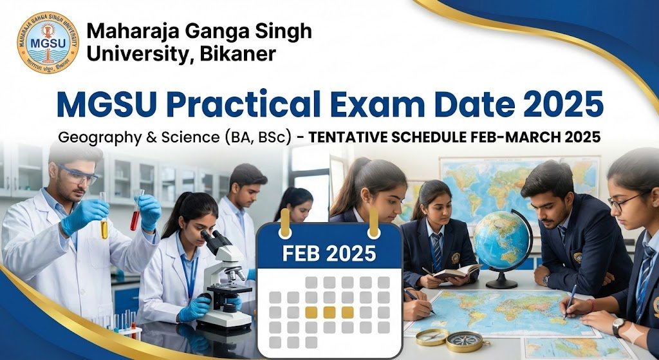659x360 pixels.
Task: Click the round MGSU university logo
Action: (48, 43)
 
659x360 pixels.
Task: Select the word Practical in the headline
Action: (240, 104)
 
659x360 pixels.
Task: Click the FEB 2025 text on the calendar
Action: (328, 253)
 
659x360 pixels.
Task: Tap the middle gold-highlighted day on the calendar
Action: (329, 312)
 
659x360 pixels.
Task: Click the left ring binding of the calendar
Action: (284, 231)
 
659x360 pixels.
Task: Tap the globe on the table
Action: (502, 242)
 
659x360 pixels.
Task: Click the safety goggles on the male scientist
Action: (79, 174)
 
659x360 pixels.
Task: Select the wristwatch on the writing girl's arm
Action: (618, 327)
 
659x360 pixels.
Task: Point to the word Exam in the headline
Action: (389, 104)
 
